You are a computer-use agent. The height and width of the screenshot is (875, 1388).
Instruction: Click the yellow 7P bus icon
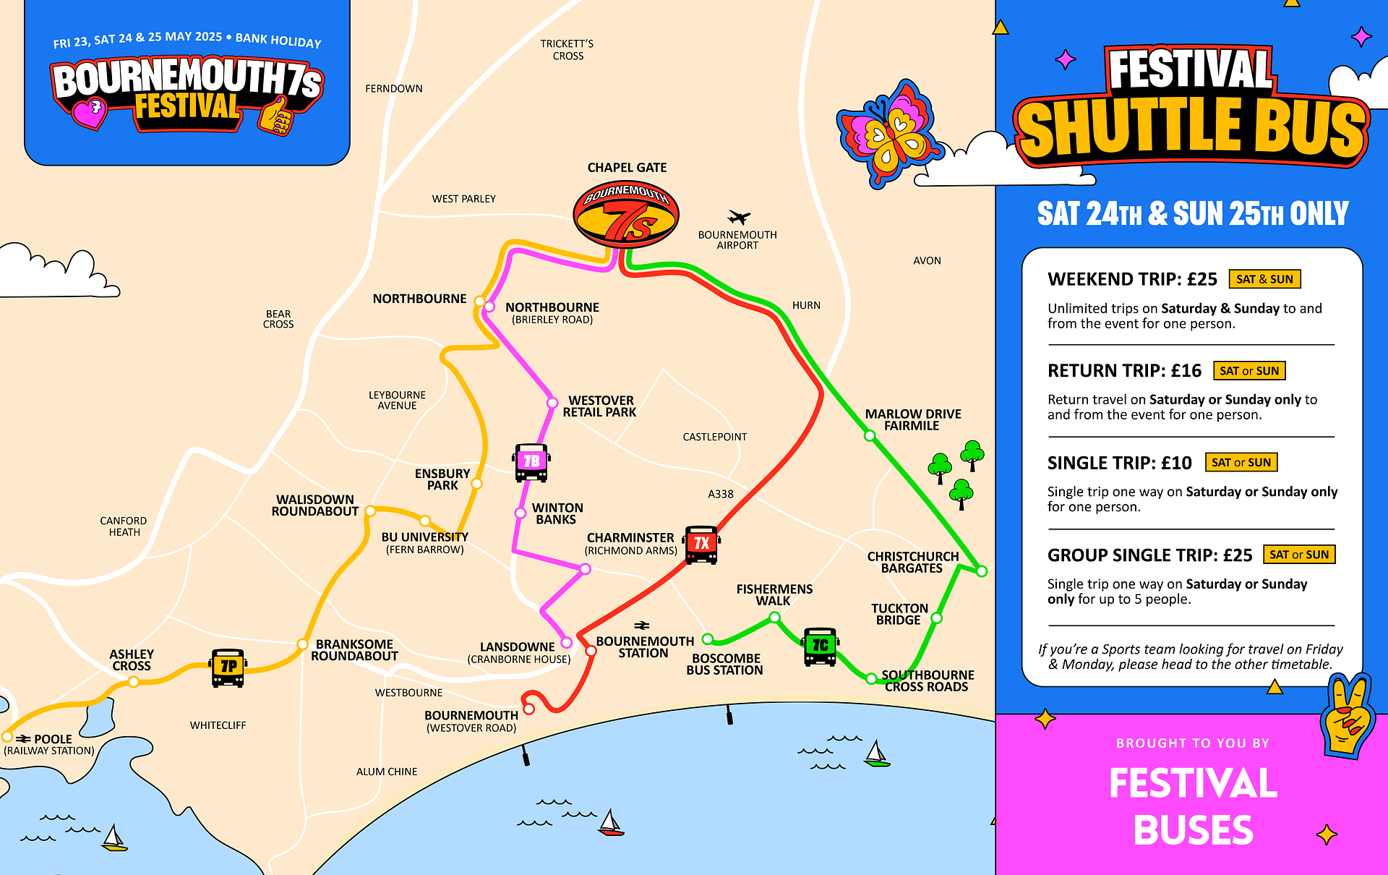[228, 667]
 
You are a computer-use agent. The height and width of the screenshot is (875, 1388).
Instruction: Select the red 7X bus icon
[701, 545]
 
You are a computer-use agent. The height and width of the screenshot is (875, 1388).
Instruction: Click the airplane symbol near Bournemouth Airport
[738, 217]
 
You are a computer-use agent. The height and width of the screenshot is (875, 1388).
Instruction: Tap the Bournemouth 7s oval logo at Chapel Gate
[626, 214]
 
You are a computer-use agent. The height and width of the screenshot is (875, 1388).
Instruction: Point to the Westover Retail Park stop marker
[552, 403]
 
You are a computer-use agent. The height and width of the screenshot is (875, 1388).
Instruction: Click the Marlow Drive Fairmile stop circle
[870, 436]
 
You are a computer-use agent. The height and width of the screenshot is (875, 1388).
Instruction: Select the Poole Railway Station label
[49, 744]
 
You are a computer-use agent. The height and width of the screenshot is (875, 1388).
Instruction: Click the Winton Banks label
[557, 513]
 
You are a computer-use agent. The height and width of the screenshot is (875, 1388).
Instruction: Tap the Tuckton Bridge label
[899, 614]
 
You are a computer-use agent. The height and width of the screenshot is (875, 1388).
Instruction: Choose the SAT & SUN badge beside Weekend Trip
[1264, 279]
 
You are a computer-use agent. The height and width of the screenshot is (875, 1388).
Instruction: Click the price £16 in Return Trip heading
[1186, 371]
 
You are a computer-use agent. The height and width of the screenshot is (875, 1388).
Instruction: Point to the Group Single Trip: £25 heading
[1149, 555]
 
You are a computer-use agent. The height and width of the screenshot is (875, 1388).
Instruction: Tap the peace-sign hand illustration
[1346, 716]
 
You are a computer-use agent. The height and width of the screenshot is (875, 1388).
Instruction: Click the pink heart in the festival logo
[90, 113]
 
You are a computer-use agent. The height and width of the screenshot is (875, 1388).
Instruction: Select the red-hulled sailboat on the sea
[611, 824]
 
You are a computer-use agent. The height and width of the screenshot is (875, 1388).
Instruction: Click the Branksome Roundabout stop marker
[303, 644]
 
